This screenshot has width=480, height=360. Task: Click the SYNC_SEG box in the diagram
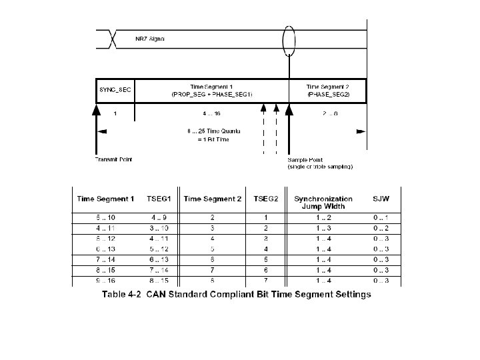(114, 90)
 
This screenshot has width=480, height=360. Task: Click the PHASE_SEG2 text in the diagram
(327, 95)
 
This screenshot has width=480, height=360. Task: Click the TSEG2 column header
(267, 199)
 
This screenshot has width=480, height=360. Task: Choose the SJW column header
(381, 199)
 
